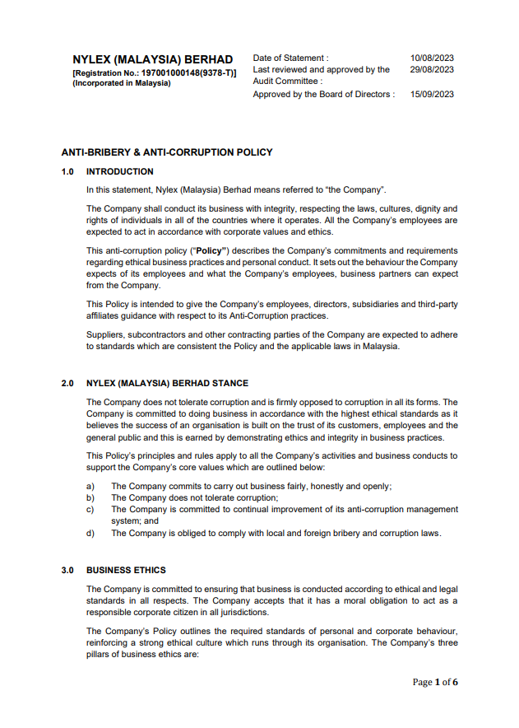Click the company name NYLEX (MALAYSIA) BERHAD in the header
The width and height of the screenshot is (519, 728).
tap(152, 60)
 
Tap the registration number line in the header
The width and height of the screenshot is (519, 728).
tap(155, 72)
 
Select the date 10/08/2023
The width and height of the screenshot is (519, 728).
tap(432, 58)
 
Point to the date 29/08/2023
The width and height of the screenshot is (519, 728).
tap(432, 70)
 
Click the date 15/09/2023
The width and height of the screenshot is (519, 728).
tap(432, 95)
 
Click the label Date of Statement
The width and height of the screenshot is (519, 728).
tap(290, 58)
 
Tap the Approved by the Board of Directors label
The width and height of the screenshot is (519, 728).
tap(323, 95)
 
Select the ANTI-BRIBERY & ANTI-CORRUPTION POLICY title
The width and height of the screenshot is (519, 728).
tap(167, 152)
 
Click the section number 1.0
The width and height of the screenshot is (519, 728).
tap(68, 172)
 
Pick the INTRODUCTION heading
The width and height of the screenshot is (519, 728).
tap(119, 172)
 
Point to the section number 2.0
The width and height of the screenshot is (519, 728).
tap(68, 384)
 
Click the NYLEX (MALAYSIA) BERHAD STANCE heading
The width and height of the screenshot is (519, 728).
tap(167, 384)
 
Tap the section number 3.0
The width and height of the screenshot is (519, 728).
tap(68, 570)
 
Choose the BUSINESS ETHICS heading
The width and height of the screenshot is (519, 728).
tap(126, 570)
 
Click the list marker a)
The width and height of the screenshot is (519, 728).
tap(90, 486)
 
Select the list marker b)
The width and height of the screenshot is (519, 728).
tap(90, 497)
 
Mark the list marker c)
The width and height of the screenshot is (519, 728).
tap(90, 509)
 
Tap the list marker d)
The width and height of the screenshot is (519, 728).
tap(90, 533)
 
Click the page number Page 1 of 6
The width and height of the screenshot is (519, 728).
tap(435, 682)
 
